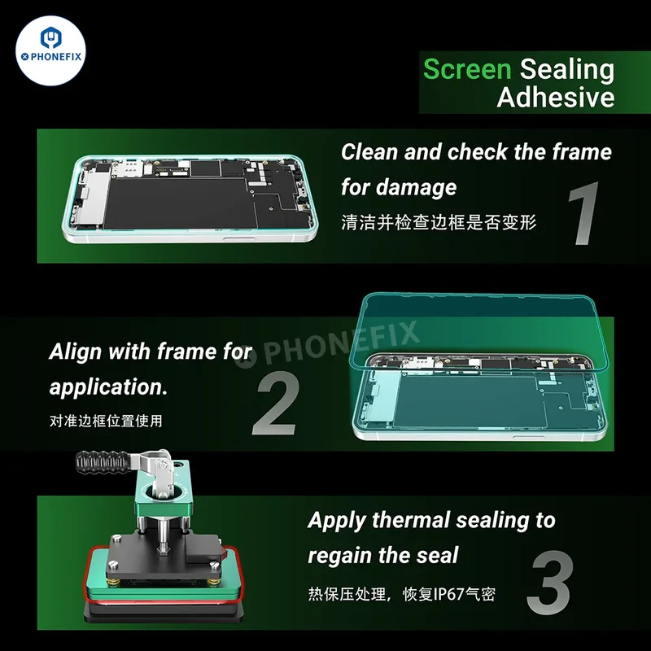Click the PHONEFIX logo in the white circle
pyautogui.click(x=50, y=50)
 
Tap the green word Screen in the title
pyautogui.click(x=467, y=69)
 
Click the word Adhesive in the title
pyautogui.click(x=556, y=97)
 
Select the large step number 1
pyautogui.click(x=584, y=213)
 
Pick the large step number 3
pyautogui.click(x=550, y=582)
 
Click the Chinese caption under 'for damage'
pyautogui.click(x=439, y=222)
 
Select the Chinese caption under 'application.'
pyautogui.click(x=106, y=421)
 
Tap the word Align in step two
pyautogui.click(x=75, y=352)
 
